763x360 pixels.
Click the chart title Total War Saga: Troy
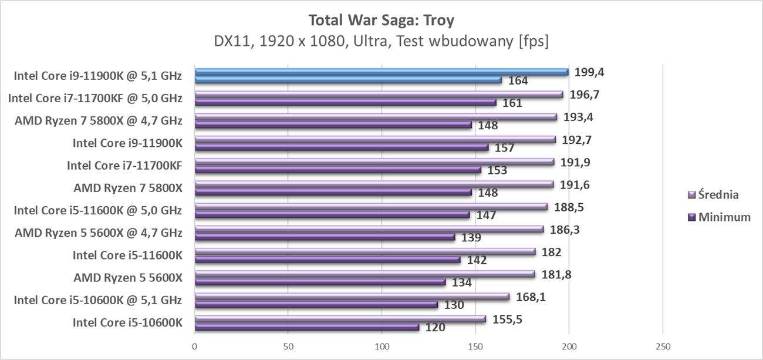click(x=381, y=21)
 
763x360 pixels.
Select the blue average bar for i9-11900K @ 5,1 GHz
click(x=381, y=72)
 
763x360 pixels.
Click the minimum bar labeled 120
click(x=306, y=327)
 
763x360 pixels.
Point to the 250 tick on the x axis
click(x=663, y=346)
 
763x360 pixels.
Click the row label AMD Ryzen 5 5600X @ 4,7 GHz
click(x=99, y=233)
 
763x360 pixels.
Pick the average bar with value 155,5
click(x=340, y=319)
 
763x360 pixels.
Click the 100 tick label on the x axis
click(x=381, y=346)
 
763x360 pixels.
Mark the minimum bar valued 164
click(x=347, y=80)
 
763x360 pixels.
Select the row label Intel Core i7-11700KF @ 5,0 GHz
click(x=95, y=98)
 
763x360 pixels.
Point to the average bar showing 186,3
click(x=369, y=229)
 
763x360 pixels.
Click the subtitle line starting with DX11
click(x=381, y=42)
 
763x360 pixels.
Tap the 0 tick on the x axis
click(x=195, y=346)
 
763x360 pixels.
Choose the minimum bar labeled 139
click(x=325, y=237)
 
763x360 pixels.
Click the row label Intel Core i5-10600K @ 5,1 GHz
click(x=97, y=300)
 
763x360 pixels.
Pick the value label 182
click(x=552, y=253)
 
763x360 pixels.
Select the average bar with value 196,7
click(x=379, y=95)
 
